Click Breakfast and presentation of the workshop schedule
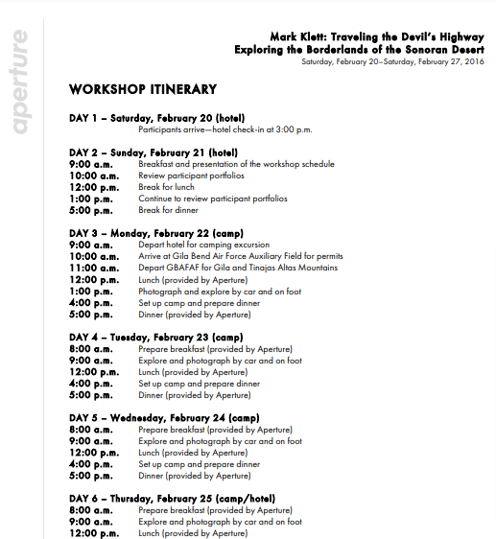coord(236,164)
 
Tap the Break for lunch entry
coord(168,187)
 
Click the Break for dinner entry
coord(170,210)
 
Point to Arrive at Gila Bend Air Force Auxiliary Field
coord(240,256)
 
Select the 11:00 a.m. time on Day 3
coord(94,268)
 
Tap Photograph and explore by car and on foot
coord(220,291)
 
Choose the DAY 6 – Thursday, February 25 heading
coord(172,499)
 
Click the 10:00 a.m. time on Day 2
coord(94,176)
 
